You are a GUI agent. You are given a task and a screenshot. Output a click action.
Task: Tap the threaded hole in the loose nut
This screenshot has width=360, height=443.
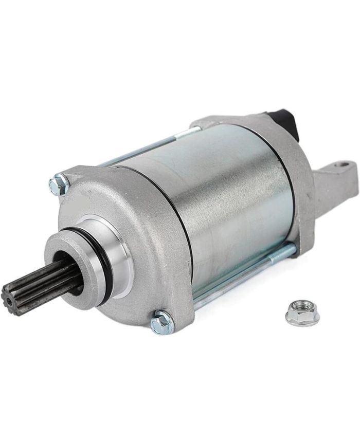point(301,310)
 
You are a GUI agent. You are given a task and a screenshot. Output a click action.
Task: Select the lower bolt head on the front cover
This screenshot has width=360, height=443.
point(162,322)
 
